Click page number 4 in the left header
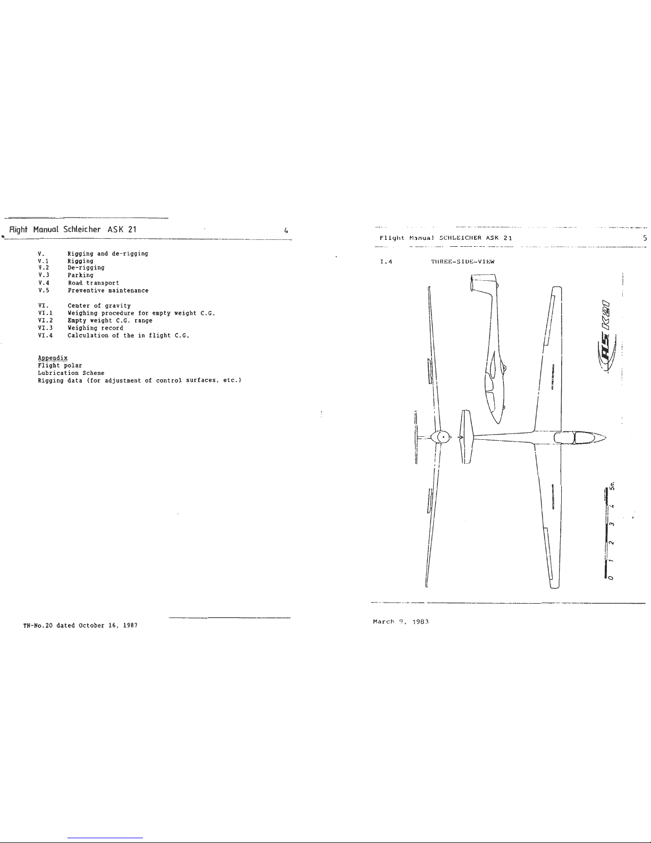[286, 231]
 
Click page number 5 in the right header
[644, 238]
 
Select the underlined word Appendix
[53, 358]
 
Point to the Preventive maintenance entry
[108, 290]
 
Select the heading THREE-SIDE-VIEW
[462, 261]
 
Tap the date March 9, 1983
[401, 621]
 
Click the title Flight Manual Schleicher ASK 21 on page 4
[71, 230]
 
